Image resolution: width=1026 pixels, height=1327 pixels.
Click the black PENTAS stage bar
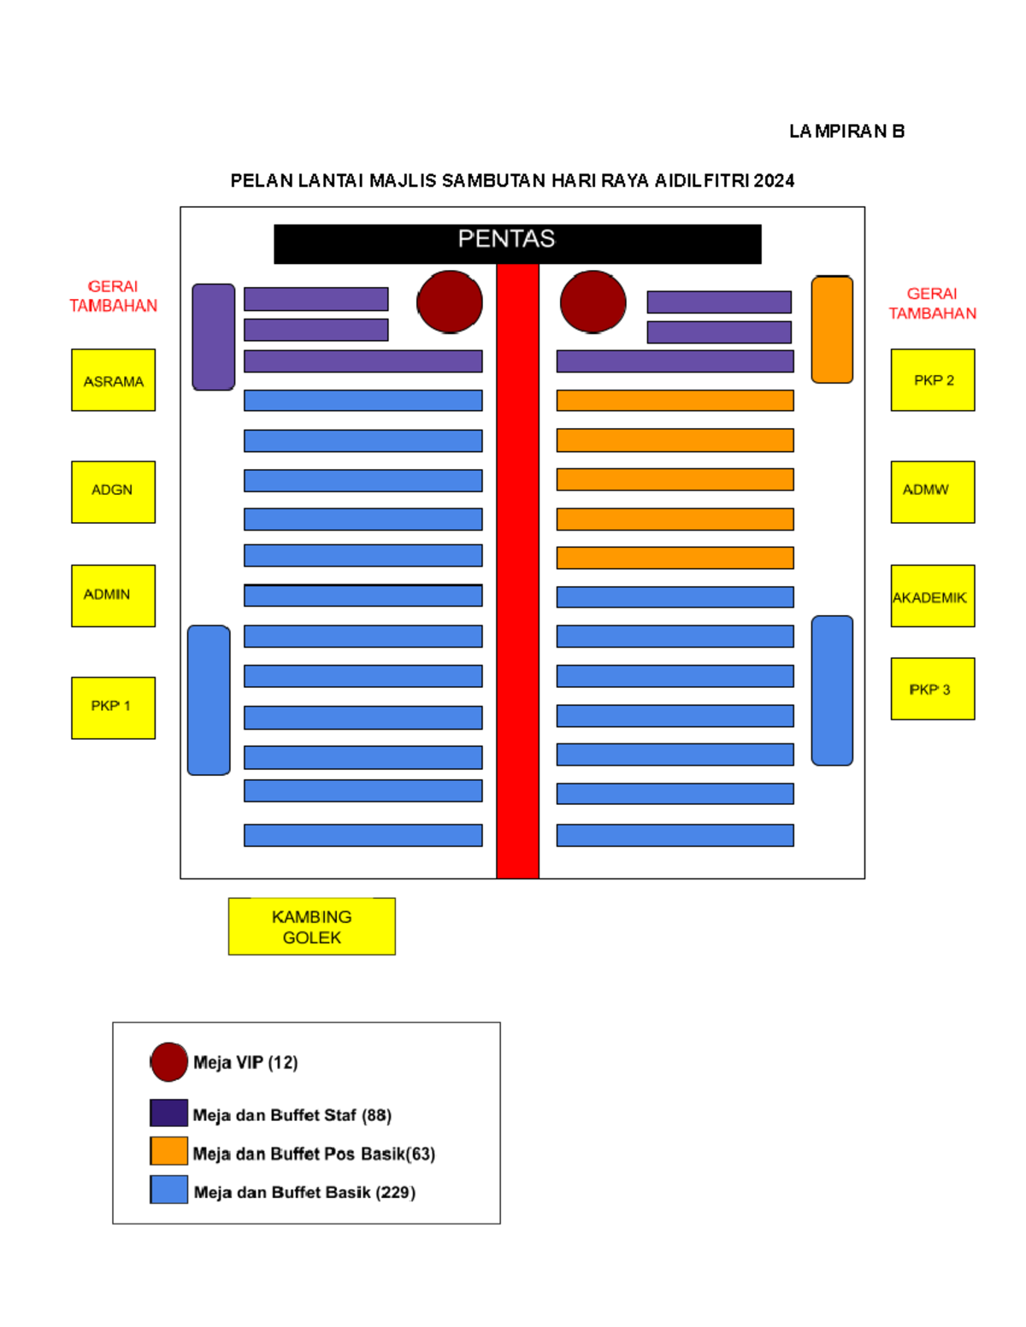[517, 244]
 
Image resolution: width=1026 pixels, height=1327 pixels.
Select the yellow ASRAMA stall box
[113, 380]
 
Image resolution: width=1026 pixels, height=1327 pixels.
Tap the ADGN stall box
[113, 491]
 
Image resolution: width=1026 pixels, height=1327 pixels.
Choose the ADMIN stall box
[113, 596]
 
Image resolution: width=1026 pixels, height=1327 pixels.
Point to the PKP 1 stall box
[113, 708]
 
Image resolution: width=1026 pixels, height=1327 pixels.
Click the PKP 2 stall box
[933, 380]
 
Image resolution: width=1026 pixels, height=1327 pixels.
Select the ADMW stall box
[933, 491]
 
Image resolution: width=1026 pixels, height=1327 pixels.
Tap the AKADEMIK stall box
[933, 596]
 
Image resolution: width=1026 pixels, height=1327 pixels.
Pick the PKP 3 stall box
[933, 688]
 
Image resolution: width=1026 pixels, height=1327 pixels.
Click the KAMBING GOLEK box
[312, 925]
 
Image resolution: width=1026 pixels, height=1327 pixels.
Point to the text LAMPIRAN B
[846, 132]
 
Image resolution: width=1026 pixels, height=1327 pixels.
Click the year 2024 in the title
[774, 181]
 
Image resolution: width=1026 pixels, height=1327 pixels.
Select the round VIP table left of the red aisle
[450, 302]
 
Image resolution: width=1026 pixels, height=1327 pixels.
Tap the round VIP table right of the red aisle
[593, 302]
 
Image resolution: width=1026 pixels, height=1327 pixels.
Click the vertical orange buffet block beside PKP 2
[832, 329]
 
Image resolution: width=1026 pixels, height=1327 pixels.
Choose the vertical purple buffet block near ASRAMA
[213, 337]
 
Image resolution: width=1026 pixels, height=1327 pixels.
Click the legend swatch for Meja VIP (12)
[168, 1062]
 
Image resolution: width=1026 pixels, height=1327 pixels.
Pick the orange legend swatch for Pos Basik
[168, 1150]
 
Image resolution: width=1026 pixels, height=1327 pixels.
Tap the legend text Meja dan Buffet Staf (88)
[292, 1115]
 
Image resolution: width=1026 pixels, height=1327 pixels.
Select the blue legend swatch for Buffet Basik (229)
[168, 1189]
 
